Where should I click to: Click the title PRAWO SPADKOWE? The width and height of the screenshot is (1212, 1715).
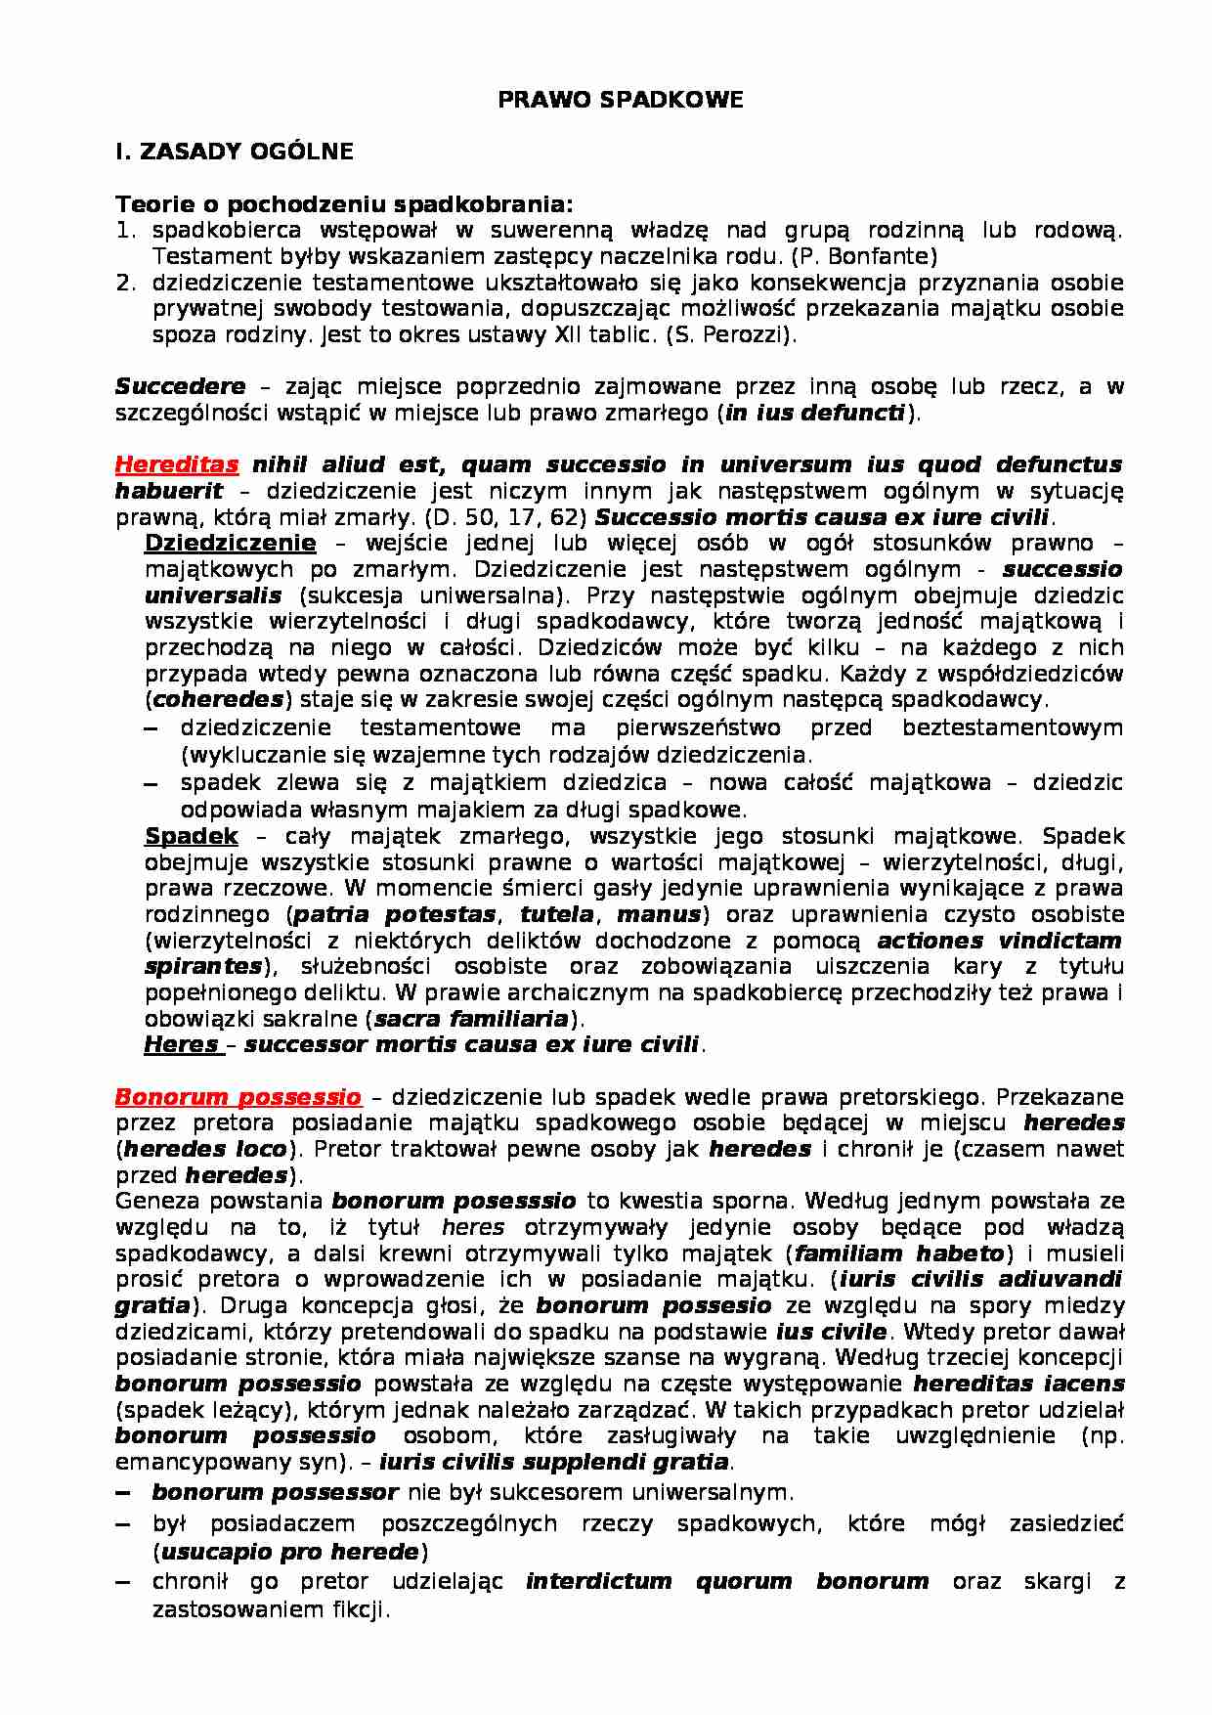(x=621, y=100)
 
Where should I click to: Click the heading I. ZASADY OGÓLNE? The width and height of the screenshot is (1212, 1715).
(x=234, y=153)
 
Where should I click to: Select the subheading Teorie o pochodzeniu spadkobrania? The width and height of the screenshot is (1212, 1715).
(x=344, y=204)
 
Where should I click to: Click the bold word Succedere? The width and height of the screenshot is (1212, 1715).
(x=180, y=386)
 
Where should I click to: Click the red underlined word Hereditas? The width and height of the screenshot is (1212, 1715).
(x=177, y=464)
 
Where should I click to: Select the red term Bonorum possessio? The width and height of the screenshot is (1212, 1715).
(x=238, y=1097)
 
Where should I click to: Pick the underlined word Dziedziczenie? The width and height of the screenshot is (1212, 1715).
(x=230, y=543)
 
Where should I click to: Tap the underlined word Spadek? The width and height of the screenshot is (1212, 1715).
(x=192, y=836)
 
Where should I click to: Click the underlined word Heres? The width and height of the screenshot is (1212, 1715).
(x=182, y=1044)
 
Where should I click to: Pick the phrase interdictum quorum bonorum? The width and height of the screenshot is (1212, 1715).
(x=726, y=1581)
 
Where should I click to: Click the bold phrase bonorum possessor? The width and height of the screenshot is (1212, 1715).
(x=275, y=1493)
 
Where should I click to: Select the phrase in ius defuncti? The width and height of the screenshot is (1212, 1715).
(x=815, y=413)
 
